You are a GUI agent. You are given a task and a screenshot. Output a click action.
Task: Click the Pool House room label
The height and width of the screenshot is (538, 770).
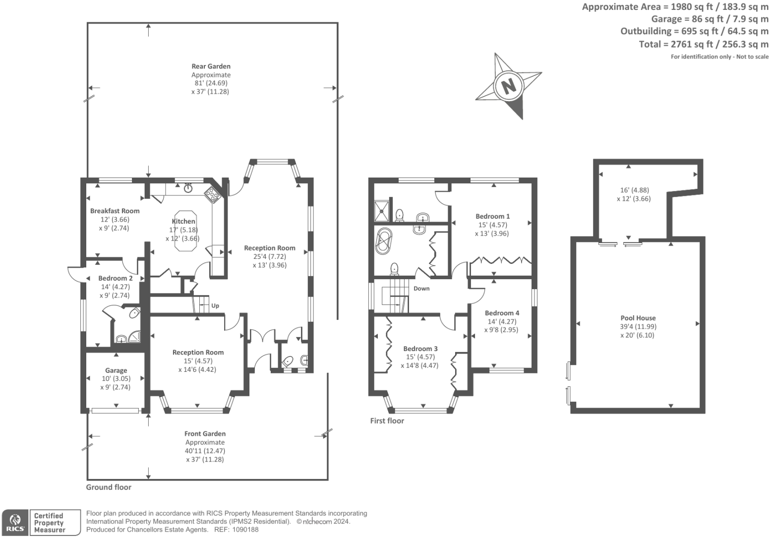(638, 318)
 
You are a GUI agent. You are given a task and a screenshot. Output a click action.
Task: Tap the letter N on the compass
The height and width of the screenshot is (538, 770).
(508, 86)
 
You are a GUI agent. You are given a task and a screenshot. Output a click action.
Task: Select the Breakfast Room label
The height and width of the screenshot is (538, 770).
(115, 211)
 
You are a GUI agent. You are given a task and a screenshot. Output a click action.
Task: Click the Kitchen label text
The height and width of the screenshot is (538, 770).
(183, 221)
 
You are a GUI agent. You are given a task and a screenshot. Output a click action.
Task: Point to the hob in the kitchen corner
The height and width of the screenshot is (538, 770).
(213, 194)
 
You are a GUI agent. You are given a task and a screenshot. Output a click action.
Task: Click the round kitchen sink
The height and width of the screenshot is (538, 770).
(188, 187)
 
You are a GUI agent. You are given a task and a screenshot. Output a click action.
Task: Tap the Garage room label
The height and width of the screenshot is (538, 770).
(116, 370)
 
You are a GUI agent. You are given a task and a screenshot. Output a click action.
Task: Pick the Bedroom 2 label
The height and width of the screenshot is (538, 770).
(115, 278)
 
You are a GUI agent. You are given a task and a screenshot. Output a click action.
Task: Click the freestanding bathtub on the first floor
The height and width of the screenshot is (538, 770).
(383, 241)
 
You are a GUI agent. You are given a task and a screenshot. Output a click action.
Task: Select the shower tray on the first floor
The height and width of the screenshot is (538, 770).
(382, 209)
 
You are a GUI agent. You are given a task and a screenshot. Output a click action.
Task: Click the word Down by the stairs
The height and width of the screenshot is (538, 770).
(421, 289)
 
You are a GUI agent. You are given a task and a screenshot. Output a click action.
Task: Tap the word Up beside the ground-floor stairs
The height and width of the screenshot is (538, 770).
(215, 306)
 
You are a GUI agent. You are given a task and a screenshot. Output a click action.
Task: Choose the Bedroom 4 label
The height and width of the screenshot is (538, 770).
(502, 313)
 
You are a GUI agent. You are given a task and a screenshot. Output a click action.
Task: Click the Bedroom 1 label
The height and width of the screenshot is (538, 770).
(492, 216)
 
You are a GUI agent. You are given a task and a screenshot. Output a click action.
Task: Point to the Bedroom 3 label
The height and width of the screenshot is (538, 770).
(420, 349)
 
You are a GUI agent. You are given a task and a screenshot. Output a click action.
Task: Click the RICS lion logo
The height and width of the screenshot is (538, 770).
(15, 522)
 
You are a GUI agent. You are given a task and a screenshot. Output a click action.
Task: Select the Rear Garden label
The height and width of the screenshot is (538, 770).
(211, 66)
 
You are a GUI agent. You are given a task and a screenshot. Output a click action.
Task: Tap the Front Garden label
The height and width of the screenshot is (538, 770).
(205, 433)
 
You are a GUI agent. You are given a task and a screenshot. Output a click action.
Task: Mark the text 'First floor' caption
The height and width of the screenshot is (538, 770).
(387, 420)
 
